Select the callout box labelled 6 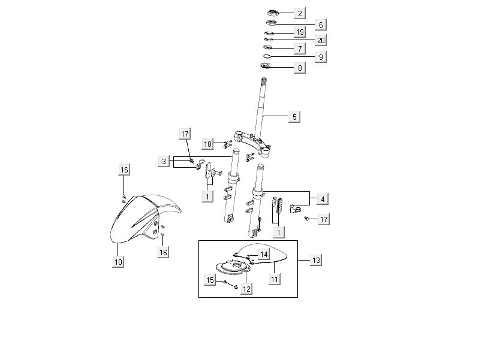pos(321,25)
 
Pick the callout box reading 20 pos(321,40)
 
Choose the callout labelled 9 pos(321,57)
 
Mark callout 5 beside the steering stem pos(294,117)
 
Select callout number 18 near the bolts pos(207,144)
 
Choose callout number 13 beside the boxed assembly pos(317,260)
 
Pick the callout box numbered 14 pos(264,255)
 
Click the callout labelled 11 pos(275,279)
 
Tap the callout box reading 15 pos(210,279)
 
